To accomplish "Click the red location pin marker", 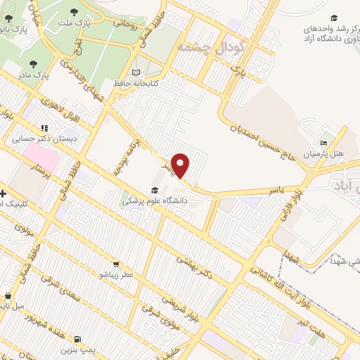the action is coord(181,165).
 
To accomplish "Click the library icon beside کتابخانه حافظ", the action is coord(136,72).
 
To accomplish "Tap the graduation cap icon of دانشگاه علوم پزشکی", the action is coord(153,190).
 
